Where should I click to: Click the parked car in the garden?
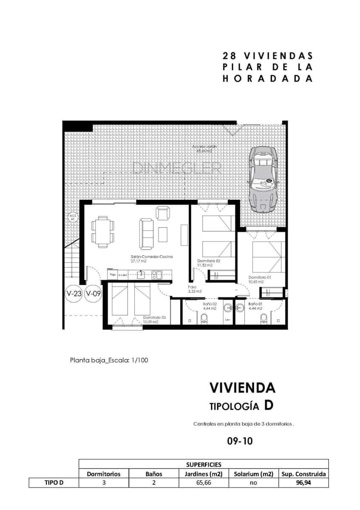point(264,179)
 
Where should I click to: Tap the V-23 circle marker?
point(74,293)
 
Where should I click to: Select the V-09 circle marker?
point(93,293)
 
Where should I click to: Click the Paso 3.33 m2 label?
point(195,289)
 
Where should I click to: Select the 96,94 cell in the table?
point(303,483)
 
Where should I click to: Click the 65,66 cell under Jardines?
point(203,483)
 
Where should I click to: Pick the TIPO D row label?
point(54,483)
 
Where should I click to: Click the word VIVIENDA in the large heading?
point(242,388)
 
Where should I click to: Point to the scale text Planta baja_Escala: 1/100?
point(109,360)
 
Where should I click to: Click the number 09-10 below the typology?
point(240,441)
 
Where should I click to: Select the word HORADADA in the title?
point(268,79)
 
